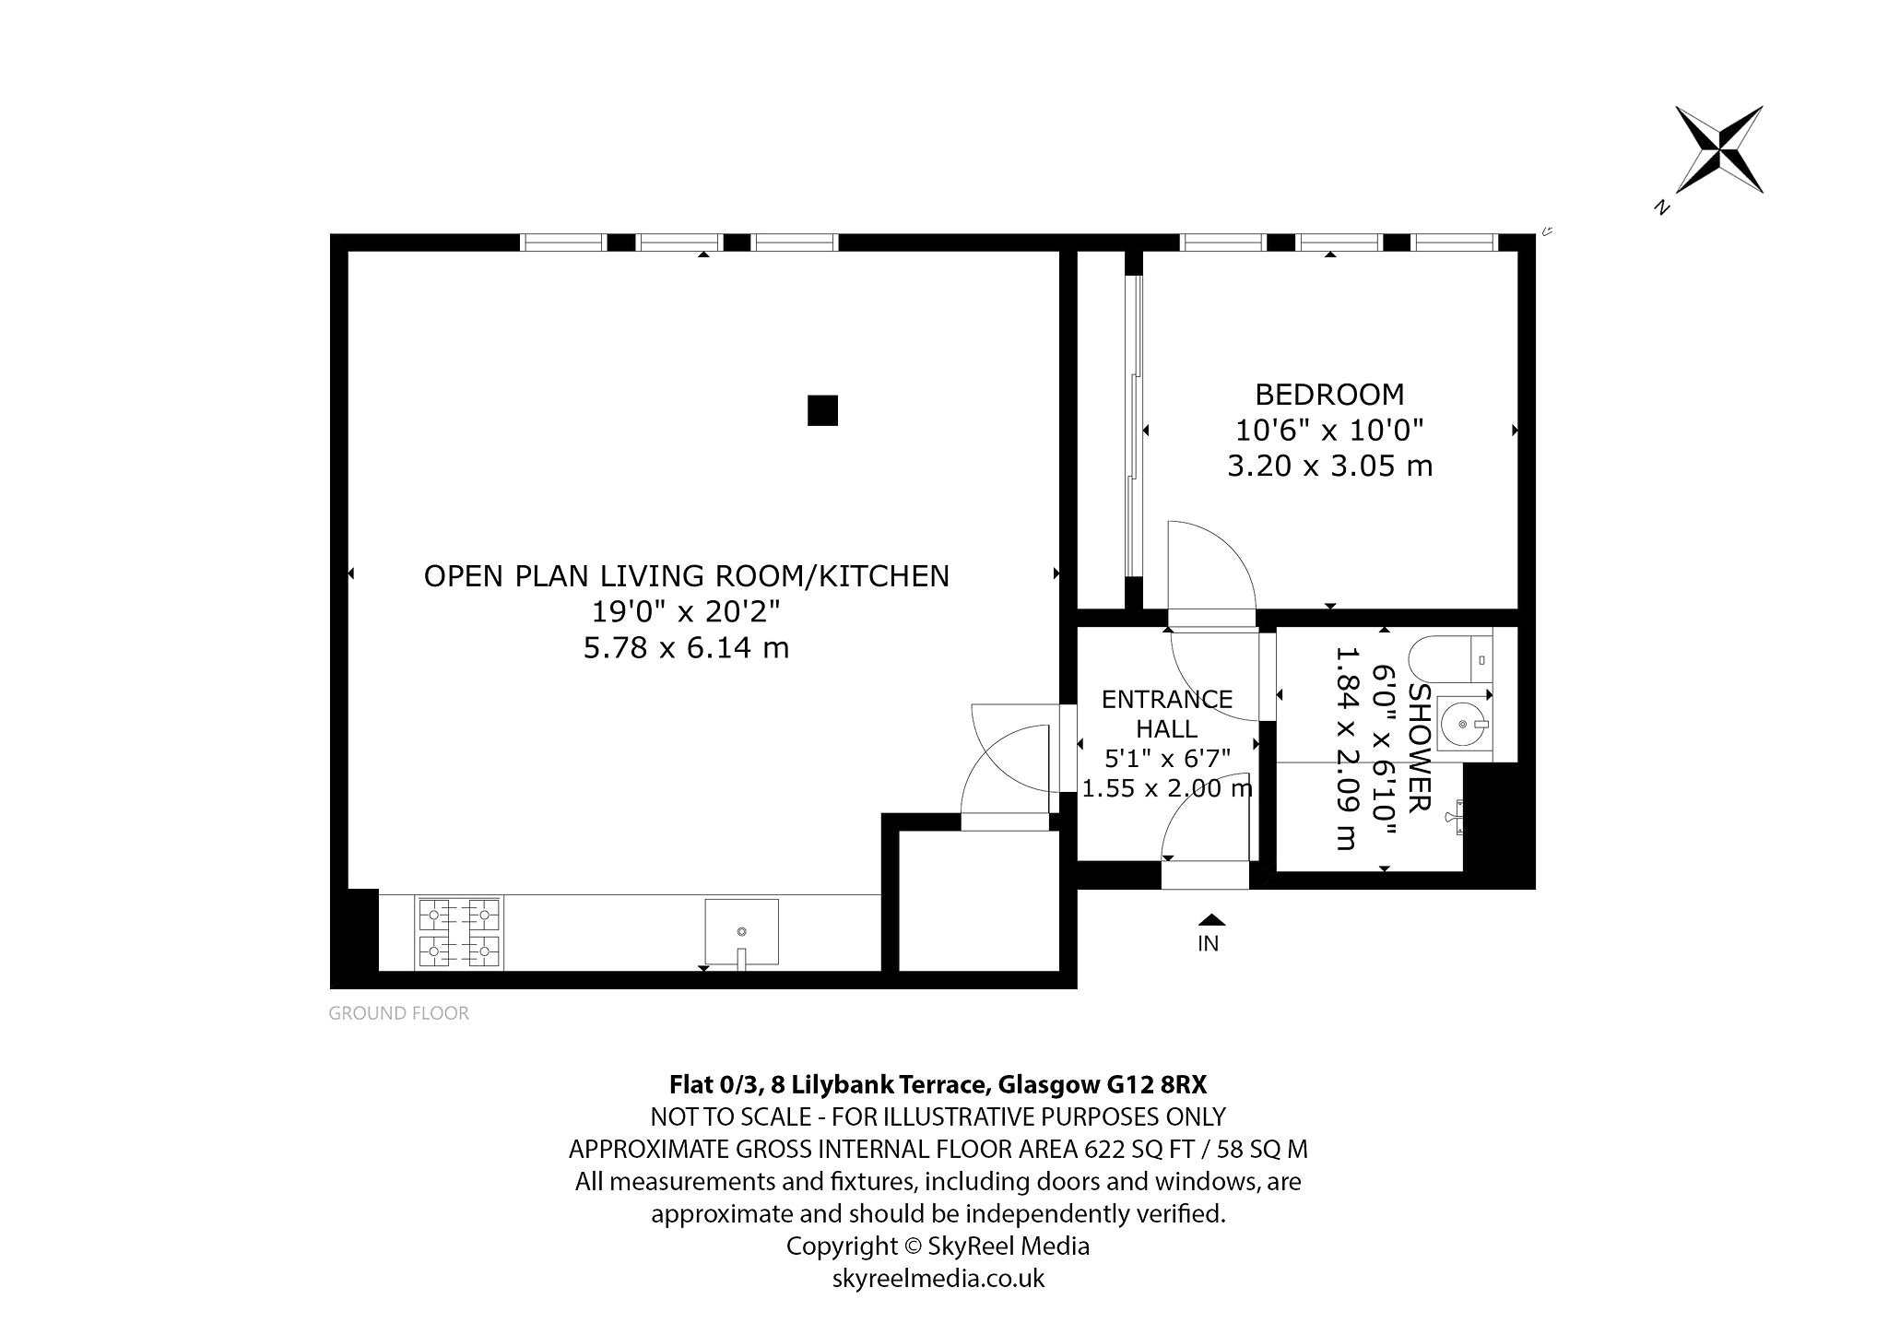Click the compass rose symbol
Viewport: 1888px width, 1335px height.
pos(1719,149)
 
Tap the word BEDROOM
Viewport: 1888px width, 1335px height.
pos(1329,395)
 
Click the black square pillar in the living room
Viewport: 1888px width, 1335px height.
pos(822,410)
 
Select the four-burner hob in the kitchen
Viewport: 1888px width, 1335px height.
pos(459,933)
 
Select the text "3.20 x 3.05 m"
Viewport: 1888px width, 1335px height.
pos(1329,467)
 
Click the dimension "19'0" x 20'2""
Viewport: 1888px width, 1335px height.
pos(686,611)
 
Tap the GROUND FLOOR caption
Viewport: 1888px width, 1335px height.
pos(398,1013)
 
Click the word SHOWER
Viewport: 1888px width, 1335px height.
pos(1421,748)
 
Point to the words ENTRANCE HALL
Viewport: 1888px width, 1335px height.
pos(1167,714)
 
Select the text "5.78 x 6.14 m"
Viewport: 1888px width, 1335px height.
pos(686,648)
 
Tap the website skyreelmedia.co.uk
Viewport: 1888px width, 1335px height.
pos(938,1279)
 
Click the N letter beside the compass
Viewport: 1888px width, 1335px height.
pos(1662,207)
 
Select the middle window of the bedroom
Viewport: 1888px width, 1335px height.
pos(1339,242)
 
